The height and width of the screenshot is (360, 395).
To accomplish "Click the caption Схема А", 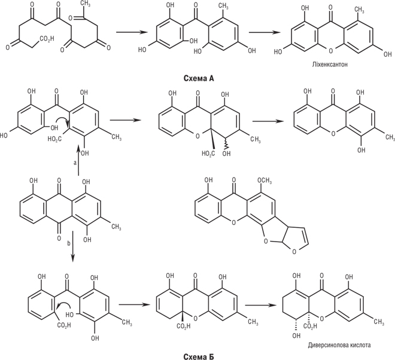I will pyautogui.click(x=198, y=78).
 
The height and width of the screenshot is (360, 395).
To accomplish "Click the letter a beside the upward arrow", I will pyautogui.click(x=74, y=162).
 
